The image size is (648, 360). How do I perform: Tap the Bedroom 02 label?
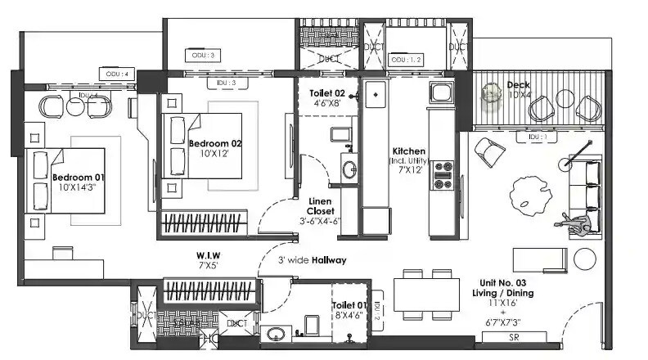tap(214, 143)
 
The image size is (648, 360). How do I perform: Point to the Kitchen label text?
tap(408, 152)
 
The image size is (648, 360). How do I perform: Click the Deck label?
tap(519, 84)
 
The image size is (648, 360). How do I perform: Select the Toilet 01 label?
tap(348, 306)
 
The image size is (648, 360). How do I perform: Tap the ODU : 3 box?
tap(204, 55)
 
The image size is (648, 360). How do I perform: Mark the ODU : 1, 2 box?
tap(407, 60)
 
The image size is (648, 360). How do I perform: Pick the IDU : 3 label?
tap(226, 83)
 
